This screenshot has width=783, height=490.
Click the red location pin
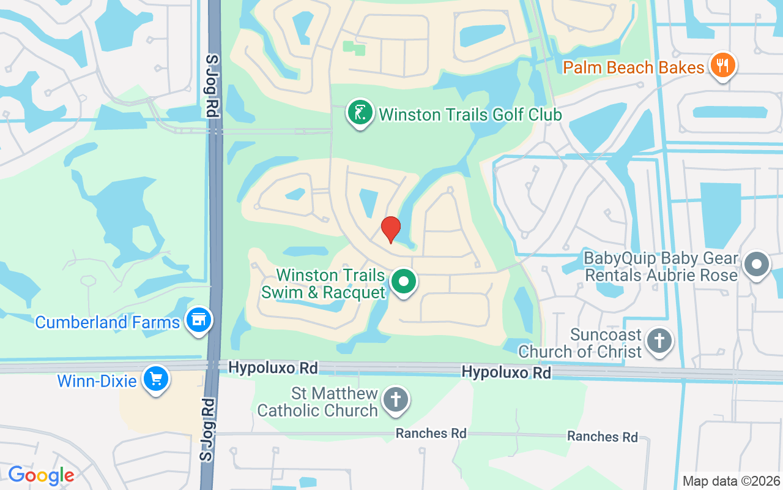(x=390, y=229)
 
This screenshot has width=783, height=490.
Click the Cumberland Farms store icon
(x=198, y=320)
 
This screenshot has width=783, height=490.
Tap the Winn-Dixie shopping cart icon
(x=155, y=379)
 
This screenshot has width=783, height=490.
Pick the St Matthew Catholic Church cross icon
(x=395, y=401)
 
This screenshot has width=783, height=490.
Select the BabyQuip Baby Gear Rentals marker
(x=757, y=265)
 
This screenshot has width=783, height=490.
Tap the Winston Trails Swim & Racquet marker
(x=403, y=282)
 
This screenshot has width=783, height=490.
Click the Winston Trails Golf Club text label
(x=470, y=115)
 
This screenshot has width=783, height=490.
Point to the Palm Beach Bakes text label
(x=633, y=67)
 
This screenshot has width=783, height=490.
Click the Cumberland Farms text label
(x=108, y=322)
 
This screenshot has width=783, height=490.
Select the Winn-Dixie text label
(x=97, y=381)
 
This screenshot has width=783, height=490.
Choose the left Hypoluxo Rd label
(x=273, y=368)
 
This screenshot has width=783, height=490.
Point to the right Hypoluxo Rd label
(x=506, y=372)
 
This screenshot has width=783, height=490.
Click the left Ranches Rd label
(x=431, y=434)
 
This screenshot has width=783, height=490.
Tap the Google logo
(x=41, y=475)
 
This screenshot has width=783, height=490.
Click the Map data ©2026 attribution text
(x=732, y=481)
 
